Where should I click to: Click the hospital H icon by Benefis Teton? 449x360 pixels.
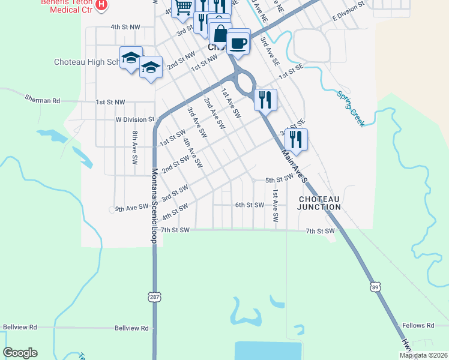[101, 5]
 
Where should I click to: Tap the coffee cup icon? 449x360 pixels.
[239, 43]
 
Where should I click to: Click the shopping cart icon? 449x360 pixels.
[184, 7]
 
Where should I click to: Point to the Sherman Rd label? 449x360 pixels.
[43, 100]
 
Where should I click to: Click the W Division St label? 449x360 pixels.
[135, 119]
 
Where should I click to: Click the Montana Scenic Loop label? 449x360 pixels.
[154, 206]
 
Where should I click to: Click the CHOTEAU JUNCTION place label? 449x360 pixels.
[319, 203]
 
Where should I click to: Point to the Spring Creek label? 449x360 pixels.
[351, 108]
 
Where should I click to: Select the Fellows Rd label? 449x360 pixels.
[418, 325]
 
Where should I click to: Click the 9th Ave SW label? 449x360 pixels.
[131, 208]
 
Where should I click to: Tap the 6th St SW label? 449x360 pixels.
[250, 205]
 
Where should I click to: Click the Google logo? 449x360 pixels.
[20, 353]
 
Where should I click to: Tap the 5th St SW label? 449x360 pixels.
[279, 179]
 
